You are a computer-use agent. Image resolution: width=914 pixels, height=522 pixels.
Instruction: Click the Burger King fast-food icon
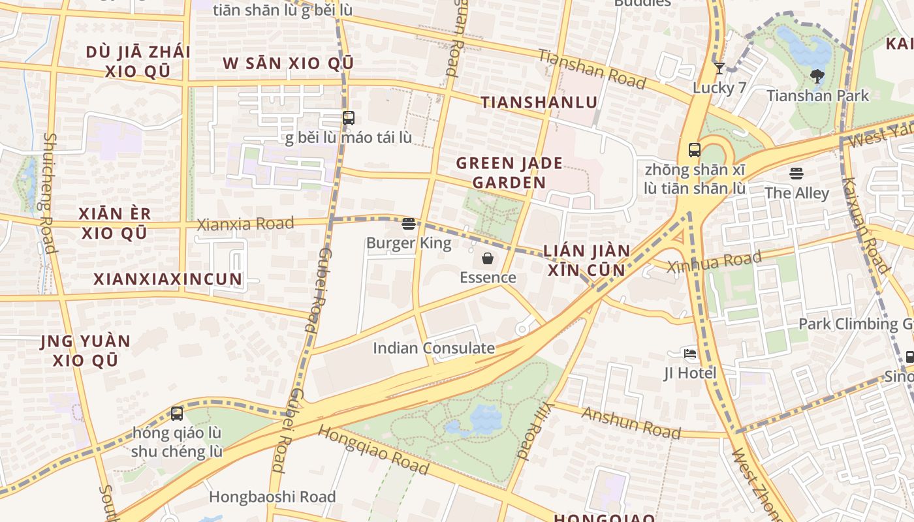point(409,224)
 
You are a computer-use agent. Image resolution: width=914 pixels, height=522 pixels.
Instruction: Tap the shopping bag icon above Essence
point(488,259)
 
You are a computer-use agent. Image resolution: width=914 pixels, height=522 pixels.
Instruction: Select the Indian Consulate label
point(433,348)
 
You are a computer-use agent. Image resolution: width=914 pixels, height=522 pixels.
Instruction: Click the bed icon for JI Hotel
point(690,354)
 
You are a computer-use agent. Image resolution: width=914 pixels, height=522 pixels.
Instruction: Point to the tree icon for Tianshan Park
point(817,76)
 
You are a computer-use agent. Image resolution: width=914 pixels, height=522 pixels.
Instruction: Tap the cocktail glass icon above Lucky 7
point(719,69)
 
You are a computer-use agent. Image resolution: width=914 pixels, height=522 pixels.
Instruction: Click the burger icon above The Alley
point(796,174)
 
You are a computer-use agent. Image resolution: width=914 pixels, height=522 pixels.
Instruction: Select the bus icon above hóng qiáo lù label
point(177,413)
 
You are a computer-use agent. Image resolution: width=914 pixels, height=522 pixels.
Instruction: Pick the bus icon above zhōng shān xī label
point(694,150)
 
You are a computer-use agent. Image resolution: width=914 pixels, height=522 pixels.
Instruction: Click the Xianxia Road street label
point(245,224)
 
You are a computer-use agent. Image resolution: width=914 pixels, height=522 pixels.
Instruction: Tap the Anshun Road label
point(631,423)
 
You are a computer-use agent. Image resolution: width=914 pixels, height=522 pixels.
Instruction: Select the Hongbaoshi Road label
point(272,497)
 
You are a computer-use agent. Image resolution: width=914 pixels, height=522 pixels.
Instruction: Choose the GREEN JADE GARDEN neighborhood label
point(509,172)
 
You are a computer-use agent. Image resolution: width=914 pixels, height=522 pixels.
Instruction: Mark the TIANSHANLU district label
point(539,102)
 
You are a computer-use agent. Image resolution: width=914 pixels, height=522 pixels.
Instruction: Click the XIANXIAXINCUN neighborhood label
point(168,279)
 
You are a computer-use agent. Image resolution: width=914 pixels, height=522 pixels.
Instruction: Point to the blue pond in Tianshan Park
point(804,48)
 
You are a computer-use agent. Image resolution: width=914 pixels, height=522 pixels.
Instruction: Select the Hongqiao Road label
point(373,450)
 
